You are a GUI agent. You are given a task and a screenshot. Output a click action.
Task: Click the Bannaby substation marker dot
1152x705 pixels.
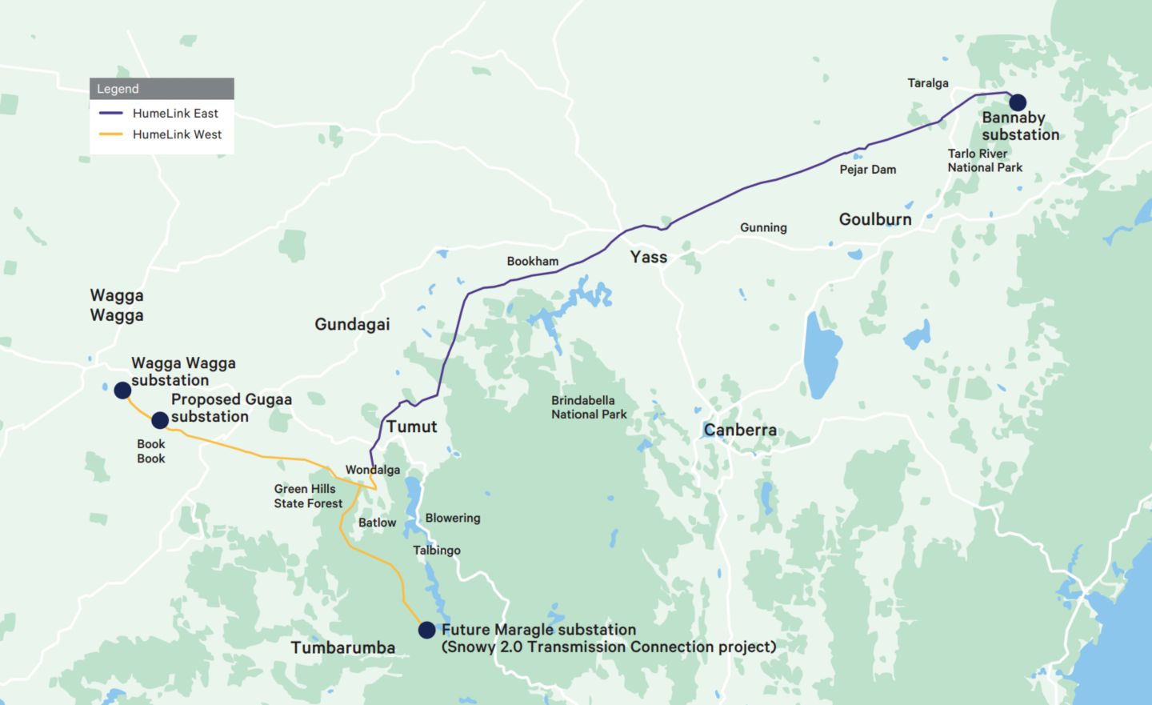(1018, 102)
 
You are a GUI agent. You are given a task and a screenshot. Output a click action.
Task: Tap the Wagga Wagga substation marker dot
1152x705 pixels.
(122, 391)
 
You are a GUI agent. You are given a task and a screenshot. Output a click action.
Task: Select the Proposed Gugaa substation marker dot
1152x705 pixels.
(160, 420)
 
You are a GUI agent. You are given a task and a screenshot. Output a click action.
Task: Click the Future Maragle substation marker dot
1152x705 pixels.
(427, 631)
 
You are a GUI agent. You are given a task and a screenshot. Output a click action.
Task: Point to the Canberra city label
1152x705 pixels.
(740, 431)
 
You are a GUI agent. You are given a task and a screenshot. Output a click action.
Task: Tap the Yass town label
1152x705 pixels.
(648, 258)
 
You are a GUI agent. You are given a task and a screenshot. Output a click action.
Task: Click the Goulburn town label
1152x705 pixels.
(875, 219)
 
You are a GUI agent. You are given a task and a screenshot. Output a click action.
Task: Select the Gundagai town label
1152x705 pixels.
(352, 324)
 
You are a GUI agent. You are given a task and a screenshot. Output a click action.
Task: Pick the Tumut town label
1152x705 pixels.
(412, 427)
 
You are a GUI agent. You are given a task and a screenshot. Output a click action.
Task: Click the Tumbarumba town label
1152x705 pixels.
(342, 647)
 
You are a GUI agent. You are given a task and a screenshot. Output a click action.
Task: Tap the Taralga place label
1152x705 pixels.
(928, 83)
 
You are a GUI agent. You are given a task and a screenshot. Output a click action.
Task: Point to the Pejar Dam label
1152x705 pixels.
(868, 170)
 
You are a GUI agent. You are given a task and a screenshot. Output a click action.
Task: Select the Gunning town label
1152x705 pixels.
(763, 228)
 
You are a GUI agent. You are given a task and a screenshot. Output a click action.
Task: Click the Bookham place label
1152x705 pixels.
(533, 262)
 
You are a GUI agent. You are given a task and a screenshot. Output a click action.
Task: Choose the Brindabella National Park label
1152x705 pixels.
(589, 407)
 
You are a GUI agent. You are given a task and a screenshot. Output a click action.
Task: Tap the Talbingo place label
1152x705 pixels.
(437, 551)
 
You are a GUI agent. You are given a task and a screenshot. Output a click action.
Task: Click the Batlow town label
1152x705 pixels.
(377, 523)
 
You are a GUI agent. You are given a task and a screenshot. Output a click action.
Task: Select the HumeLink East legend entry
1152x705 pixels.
(175, 114)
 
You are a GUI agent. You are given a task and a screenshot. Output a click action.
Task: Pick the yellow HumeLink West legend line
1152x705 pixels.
(111, 134)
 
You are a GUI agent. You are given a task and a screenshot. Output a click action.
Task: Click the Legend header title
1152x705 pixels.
(118, 89)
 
